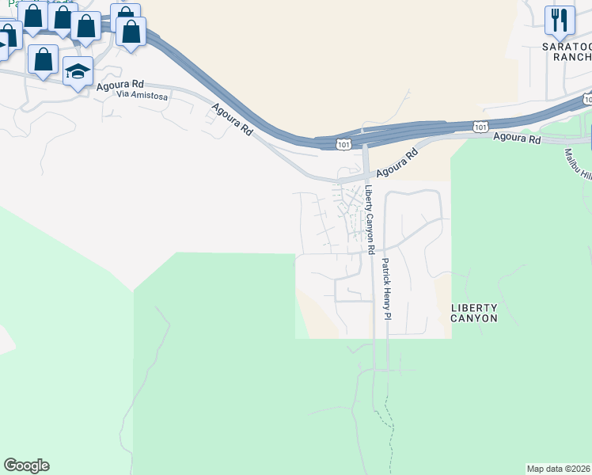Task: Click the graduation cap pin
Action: [x=78, y=72]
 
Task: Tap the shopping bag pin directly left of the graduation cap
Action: [x=43, y=59]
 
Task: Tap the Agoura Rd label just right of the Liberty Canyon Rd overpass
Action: [x=397, y=164]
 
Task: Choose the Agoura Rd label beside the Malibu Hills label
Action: [x=516, y=139]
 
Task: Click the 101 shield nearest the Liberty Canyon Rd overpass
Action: [x=343, y=144]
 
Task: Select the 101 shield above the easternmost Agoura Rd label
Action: [x=480, y=127]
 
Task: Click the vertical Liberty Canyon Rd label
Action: [x=369, y=219]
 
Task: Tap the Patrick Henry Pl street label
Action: [x=386, y=289]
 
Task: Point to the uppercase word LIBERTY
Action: [x=474, y=307]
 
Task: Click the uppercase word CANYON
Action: [x=474, y=318]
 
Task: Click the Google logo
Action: [x=26, y=465]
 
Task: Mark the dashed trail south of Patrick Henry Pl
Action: [x=389, y=420]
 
